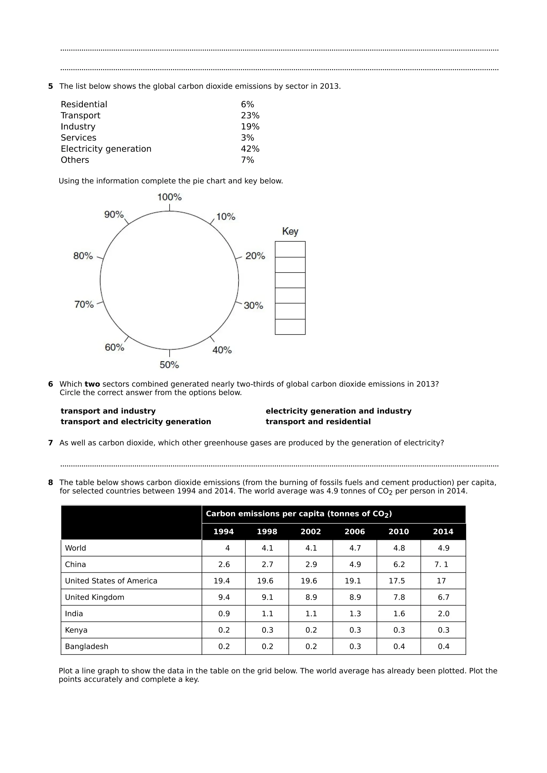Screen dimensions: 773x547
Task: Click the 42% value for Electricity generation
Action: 250,149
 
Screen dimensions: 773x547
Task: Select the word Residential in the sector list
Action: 84,104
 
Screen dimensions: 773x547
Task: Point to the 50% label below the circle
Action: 169,365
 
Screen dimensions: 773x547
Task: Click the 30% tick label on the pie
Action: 253,306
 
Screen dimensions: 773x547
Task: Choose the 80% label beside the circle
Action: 83,256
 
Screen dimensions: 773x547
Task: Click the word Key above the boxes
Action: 290,231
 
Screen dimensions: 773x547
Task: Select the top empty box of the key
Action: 290,249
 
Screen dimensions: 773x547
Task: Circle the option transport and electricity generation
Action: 136,421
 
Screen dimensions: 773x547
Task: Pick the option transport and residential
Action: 318,421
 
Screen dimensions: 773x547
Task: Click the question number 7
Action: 50,443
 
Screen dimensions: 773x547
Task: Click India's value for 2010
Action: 399,614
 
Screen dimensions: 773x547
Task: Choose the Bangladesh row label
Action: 87,646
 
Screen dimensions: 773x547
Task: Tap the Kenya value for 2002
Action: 311,630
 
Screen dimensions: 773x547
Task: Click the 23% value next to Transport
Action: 250,115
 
